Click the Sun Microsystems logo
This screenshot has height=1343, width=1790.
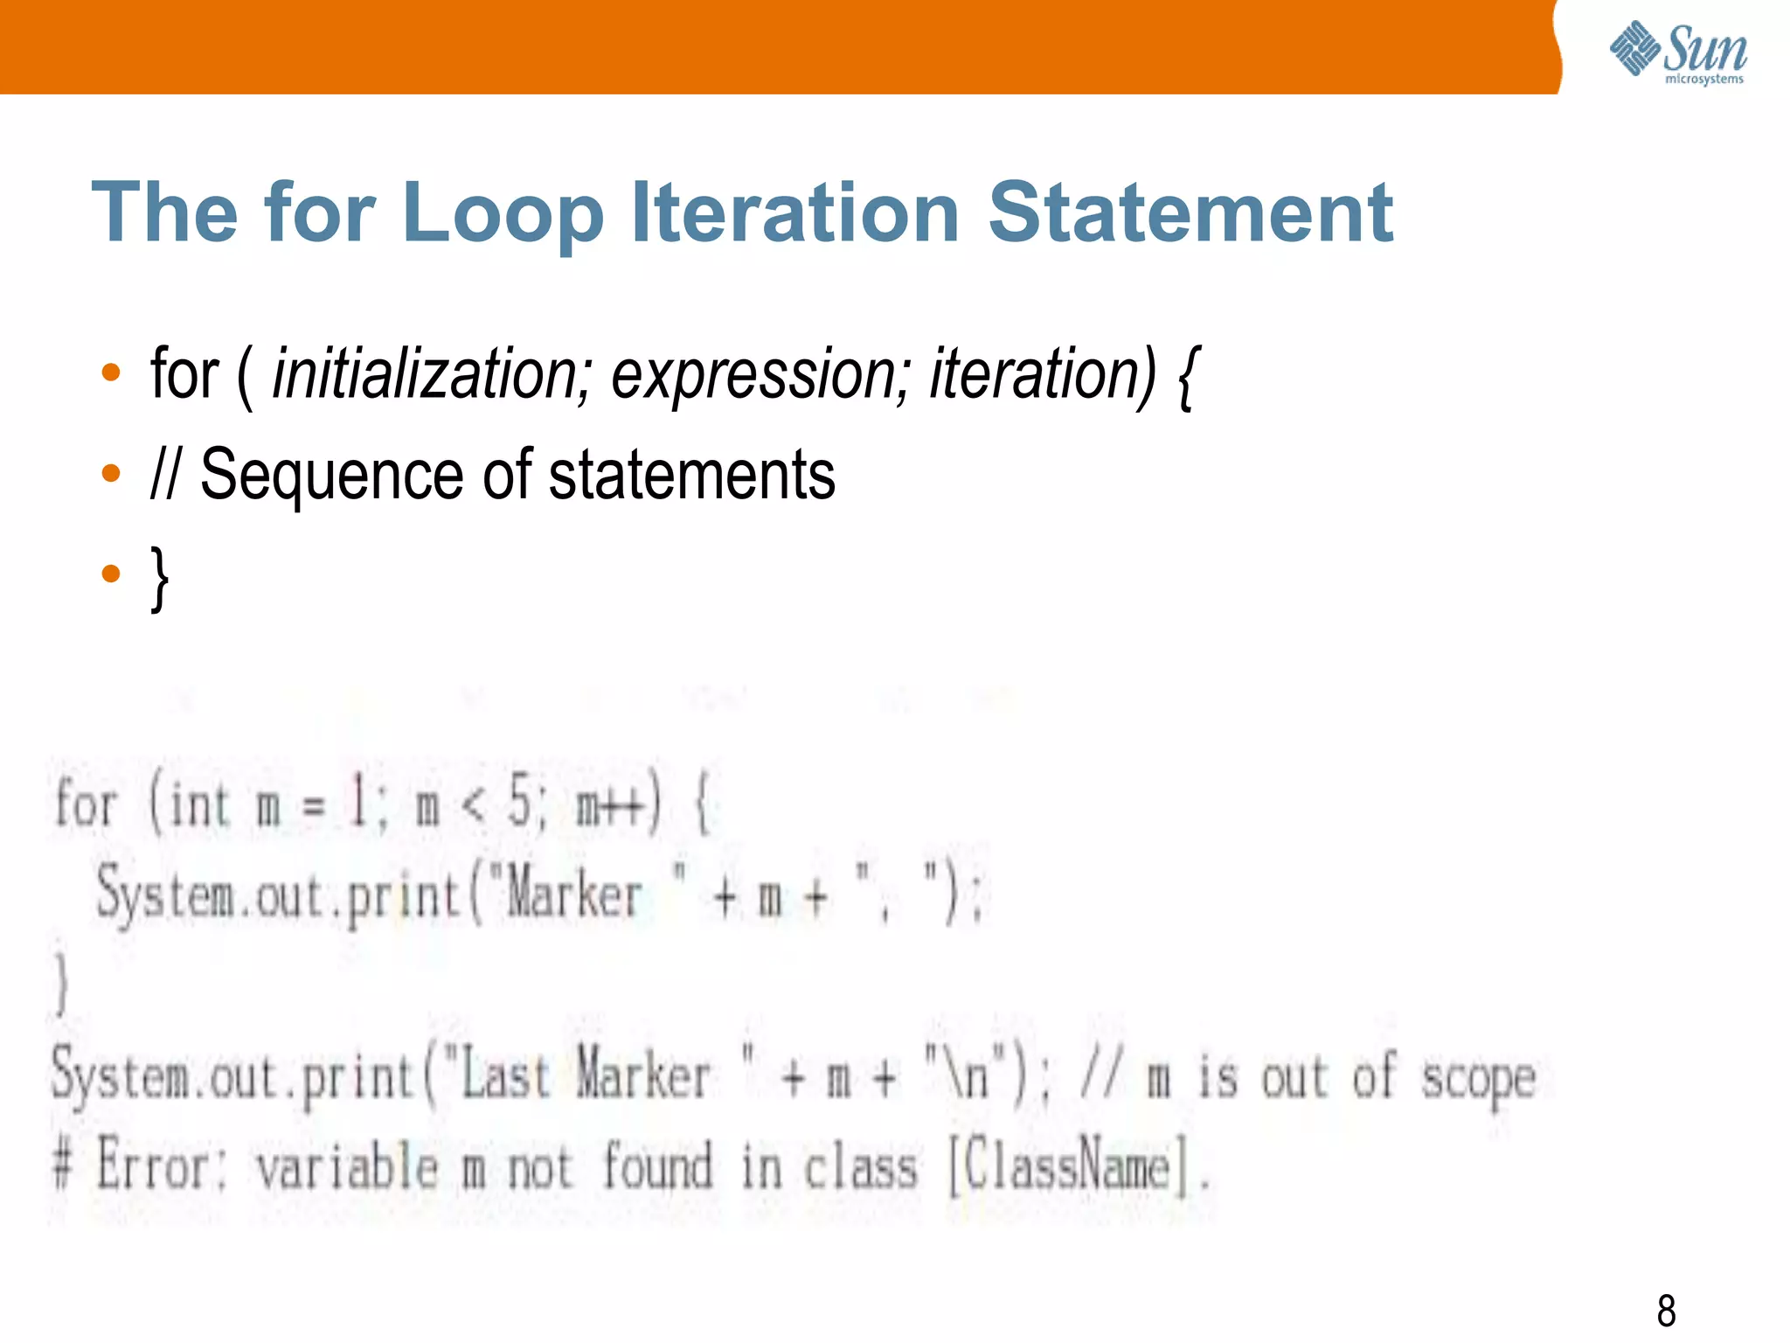(x=1678, y=52)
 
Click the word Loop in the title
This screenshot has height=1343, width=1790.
(x=503, y=212)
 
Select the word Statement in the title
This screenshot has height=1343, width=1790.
(x=1190, y=212)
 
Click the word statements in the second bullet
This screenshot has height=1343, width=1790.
(x=691, y=475)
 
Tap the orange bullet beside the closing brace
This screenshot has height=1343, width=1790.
(x=111, y=574)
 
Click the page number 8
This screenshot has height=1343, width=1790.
(x=1666, y=1311)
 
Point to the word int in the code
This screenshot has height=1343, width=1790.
(x=199, y=804)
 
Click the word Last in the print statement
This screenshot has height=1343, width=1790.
(x=505, y=1076)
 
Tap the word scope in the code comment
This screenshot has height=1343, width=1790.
(x=1477, y=1078)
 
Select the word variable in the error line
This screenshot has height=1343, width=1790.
(x=347, y=1166)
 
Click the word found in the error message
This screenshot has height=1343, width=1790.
(x=658, y=1166)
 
